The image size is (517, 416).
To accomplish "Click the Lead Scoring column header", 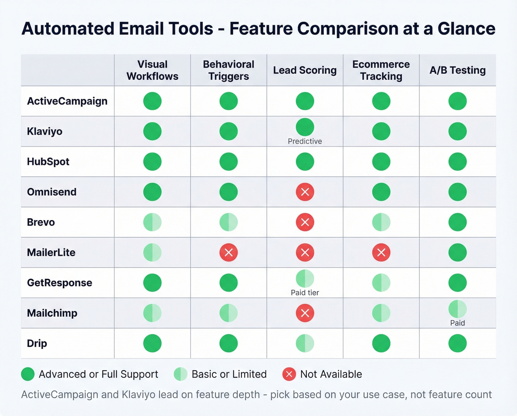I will tap(305, 70).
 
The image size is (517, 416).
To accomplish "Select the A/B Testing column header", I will tap(457, 70).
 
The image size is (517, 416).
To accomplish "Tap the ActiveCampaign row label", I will tap(67, 101).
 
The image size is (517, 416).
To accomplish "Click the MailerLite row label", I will tap(51, 252).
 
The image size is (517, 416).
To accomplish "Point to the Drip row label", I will tap(37, 343).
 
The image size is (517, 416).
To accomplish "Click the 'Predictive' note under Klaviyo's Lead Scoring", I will tap(305, 141).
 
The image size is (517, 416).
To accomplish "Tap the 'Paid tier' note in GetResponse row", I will tap(305, 293).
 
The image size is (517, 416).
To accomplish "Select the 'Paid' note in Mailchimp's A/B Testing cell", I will tap(457, 323).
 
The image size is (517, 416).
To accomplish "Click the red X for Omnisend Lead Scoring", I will tap(305, 192).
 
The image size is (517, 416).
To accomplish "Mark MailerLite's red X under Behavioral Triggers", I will tap(229, 252).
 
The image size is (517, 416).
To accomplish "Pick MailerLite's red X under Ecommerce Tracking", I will tap(381, 252).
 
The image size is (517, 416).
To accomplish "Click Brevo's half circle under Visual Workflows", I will tap(152, 222).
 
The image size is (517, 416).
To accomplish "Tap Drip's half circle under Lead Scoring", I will tap(305, 343).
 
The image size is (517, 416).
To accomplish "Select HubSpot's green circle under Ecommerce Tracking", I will tap(381, 162).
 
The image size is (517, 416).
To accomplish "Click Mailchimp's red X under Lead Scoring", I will tap(305, 313).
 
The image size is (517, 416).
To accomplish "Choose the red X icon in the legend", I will tap(289, 374).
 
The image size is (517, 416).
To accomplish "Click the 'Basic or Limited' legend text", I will tap(229, 374).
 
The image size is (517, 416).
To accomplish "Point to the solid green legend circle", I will tap(28, 374).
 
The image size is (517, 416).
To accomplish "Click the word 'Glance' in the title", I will tap(466, 29).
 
